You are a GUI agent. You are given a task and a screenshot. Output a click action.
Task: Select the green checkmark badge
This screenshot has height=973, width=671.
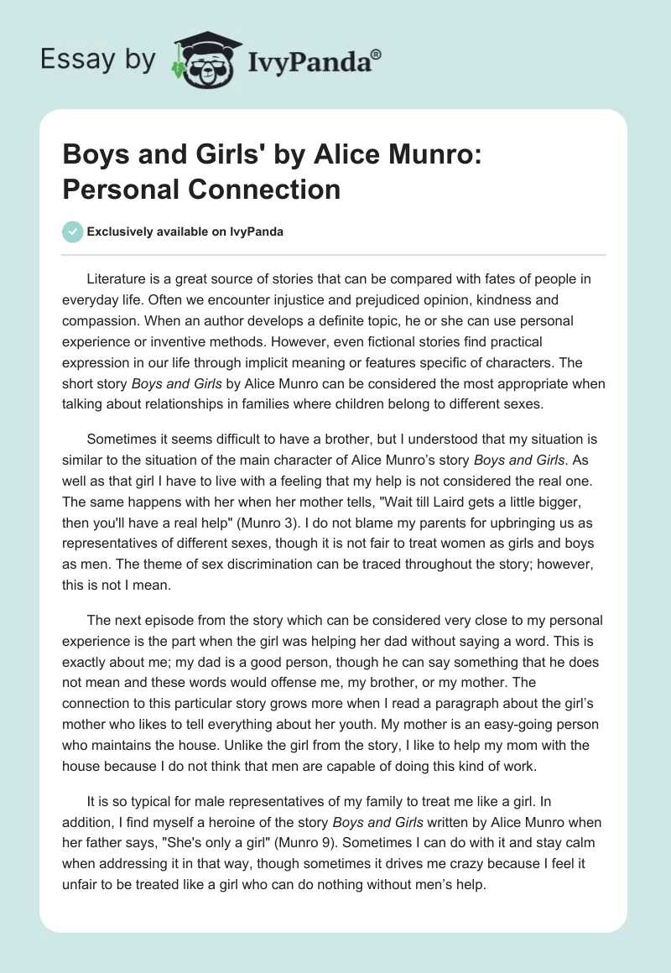click(x=73, y=232)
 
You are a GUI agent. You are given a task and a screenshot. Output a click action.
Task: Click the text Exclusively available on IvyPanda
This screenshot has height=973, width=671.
click(x=185, y=232)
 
